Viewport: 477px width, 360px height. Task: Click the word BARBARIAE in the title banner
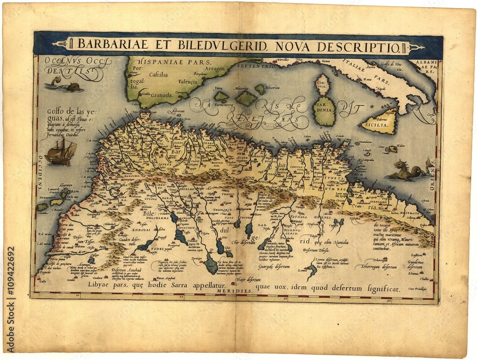click(106, 46)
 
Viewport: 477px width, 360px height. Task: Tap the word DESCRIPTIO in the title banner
click(364, 46)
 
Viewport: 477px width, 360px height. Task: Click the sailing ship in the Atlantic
click(62, 152)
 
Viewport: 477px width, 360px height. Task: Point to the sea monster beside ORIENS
click(408, 171)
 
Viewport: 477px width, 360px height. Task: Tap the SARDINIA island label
click(325, 112)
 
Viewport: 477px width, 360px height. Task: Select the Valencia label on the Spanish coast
click(187, 82)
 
